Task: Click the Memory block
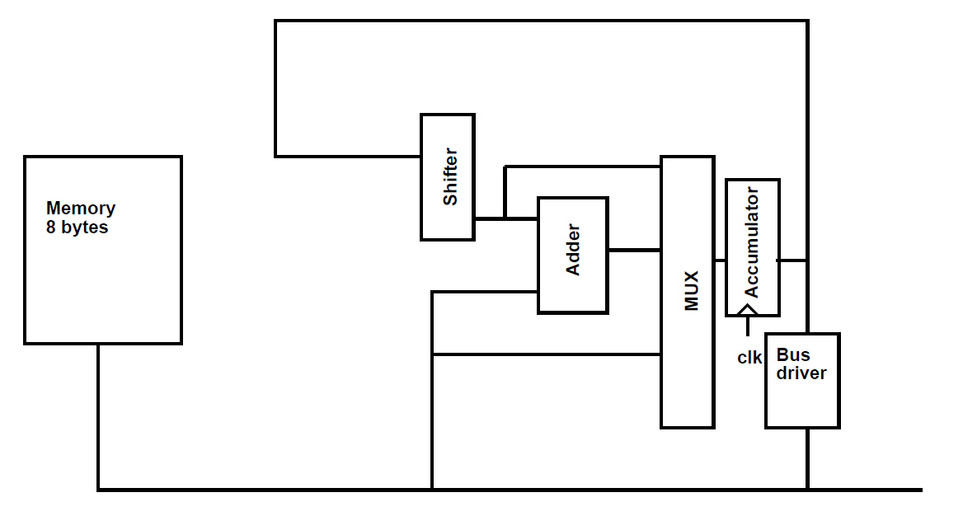[x=102, y=280]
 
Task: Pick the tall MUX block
[x=687, y=363]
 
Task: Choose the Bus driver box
[x=802, y=404]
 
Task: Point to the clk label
[x=749, y=358]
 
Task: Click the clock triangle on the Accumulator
[x=747, y=310]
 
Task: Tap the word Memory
[x=81, y=209]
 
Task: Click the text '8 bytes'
[x=78, y=228]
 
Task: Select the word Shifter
[x=450, y=176]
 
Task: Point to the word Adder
[x=572, y=250]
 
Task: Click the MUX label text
[x=692, y=290]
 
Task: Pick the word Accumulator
[x=751, y=242]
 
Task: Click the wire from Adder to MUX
[x=634, y=250]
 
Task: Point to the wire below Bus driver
[x=807, y=458]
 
